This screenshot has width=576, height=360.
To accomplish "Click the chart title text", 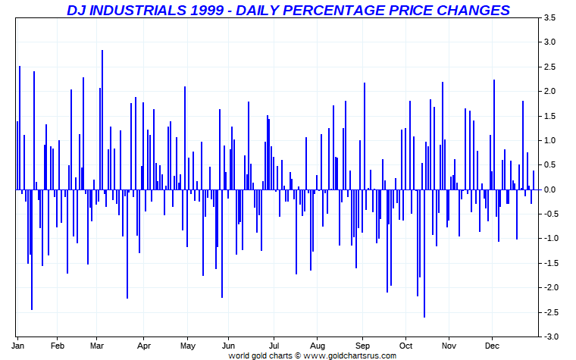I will (288, 10).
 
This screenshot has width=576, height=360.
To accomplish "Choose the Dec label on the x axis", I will (492, 345).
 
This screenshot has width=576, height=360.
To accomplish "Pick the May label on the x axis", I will (187, 345).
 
